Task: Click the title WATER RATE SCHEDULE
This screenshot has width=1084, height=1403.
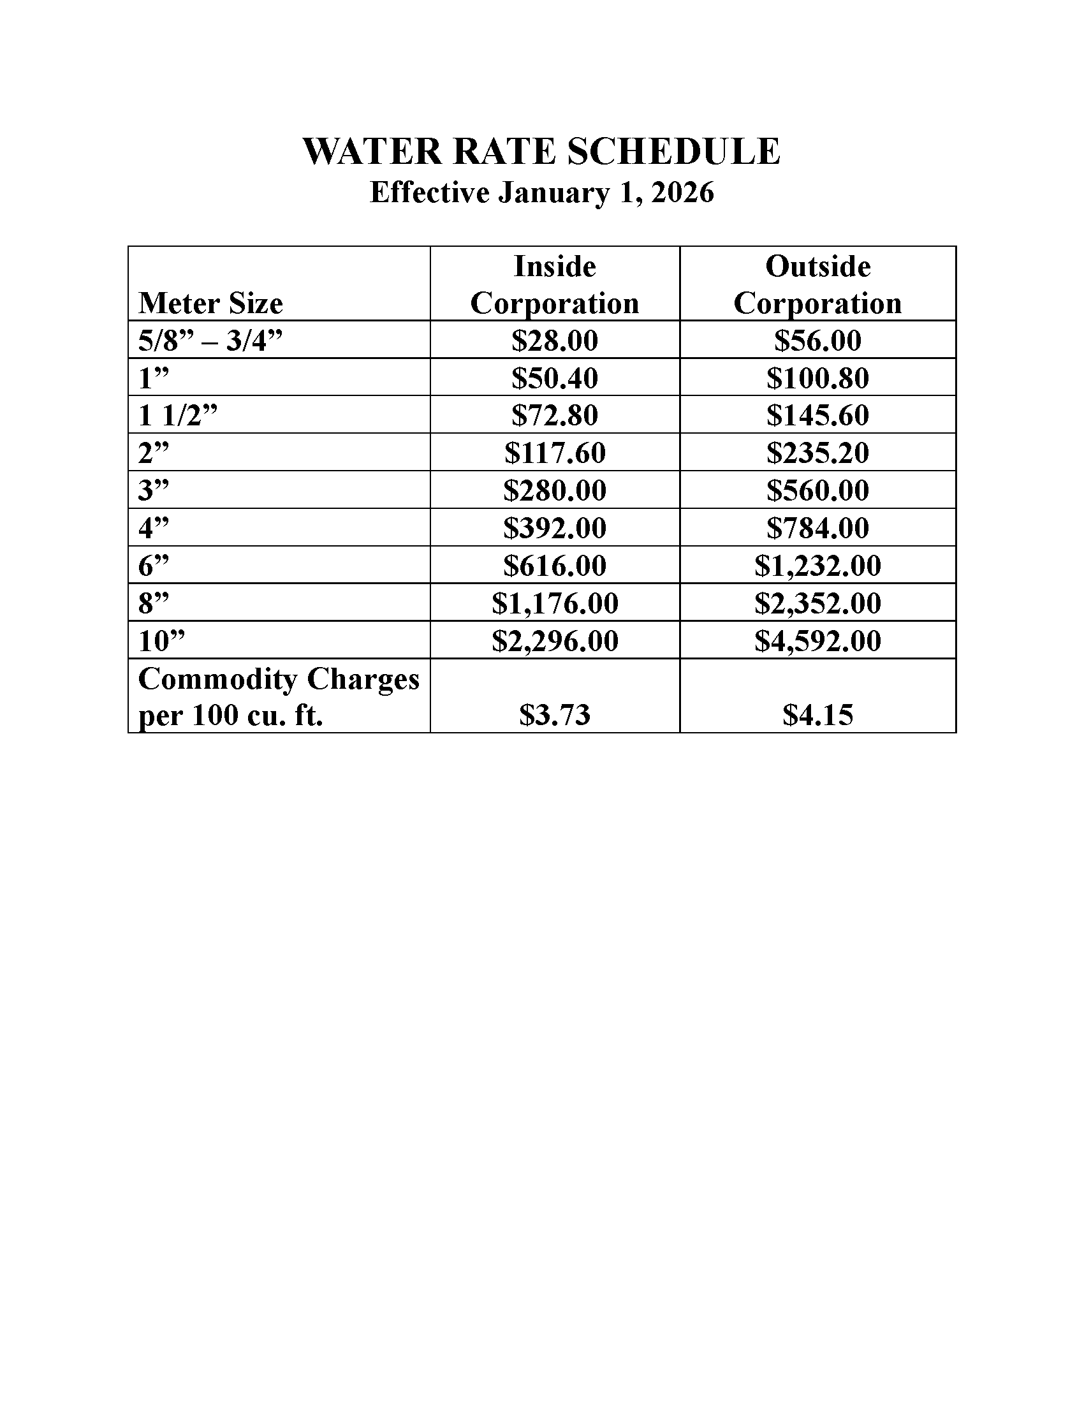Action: pos(541,152)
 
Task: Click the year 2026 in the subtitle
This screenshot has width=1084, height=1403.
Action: pos(682,193)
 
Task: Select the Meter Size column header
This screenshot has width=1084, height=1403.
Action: pos(210,303)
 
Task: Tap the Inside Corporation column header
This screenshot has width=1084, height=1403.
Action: pos(555,284)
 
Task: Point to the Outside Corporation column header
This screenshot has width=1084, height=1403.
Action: pos(817,284)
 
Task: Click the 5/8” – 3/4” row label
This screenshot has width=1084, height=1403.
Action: pos(210,341)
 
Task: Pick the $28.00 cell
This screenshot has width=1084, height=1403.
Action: pos(555,341)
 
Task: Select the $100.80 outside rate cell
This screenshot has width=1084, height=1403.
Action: pos(817,378)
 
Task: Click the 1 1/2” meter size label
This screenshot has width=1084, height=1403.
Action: pos(178,416)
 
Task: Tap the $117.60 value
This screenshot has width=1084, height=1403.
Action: pos(555,453)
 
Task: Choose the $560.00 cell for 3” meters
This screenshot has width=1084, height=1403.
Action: pos(817,491)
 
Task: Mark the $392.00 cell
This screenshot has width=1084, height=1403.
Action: pos(555,528)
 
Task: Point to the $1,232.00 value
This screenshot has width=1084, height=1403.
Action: pos(817,566)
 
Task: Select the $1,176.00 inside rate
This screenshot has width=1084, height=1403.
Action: pos(555,603)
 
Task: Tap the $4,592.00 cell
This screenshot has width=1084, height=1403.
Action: pos(817,641)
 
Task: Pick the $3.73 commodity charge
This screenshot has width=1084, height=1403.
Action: pos(555,715)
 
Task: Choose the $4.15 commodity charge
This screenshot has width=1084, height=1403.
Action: pos(817,715)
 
